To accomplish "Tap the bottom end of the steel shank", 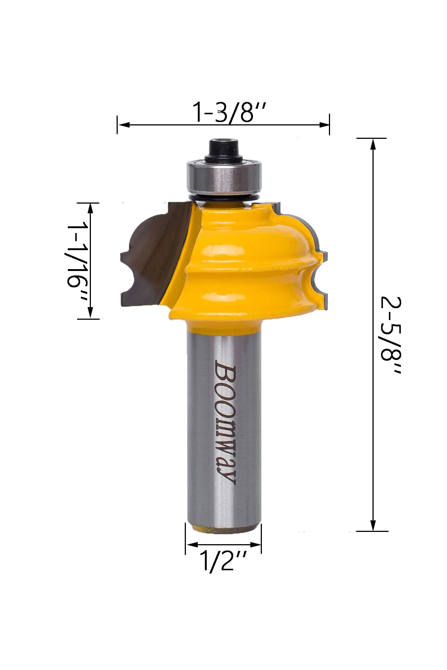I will (223, 528).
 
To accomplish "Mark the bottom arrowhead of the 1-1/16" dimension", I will (90, 313).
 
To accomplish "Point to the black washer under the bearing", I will (224, 196).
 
